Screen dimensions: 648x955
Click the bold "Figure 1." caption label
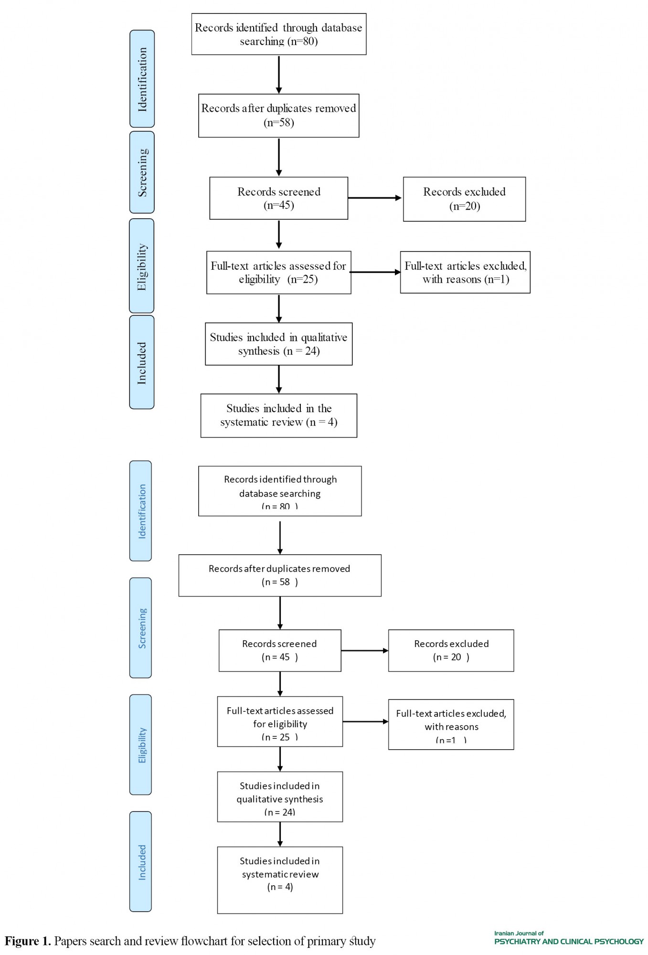pyautogui.click(x=28, y=941)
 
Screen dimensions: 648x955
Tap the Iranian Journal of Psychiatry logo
pyautogui.click(x=569, y=938)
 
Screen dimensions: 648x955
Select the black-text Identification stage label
pyautogui.click(x=142, y=79)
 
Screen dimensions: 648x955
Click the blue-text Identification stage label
pyautogui.click(x=141, y=511)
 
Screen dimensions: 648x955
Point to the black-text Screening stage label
pyautogui.click(x=142, y=172)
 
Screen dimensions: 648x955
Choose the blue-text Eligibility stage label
pyautogui.click(x=141, y=744)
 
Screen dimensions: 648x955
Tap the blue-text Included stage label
pyautogui.click(x=141, y=861)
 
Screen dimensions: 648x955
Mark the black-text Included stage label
pyautogui.click(x=142, y=362)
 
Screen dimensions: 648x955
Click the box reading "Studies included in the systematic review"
pyautogui.click(x=279, y=415)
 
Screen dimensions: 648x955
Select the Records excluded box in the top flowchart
pyautogui.click(x=464, y=199)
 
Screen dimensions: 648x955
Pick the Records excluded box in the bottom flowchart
pyautogui.click(x=451, y=650)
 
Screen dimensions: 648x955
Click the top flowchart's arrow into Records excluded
pyautogui.click(x=375, y=198)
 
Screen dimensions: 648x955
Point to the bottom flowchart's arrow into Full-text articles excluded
pyautogui.click(x=366, y=722)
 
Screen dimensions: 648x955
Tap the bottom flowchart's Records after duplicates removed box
pyautogui.click(x=280, y=575)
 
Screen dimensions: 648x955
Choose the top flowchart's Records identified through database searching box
pyautogui.click(x=279, y=34)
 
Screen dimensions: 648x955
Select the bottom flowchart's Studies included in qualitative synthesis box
pyautogui.click(x=280, y=796)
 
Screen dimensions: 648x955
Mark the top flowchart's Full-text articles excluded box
pyautogui.click(x=465, y=272)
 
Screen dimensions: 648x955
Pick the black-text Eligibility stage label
pyautogui.click(x=142, y=266)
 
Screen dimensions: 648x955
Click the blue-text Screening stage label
pyautogui.click(x=141, y=628)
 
